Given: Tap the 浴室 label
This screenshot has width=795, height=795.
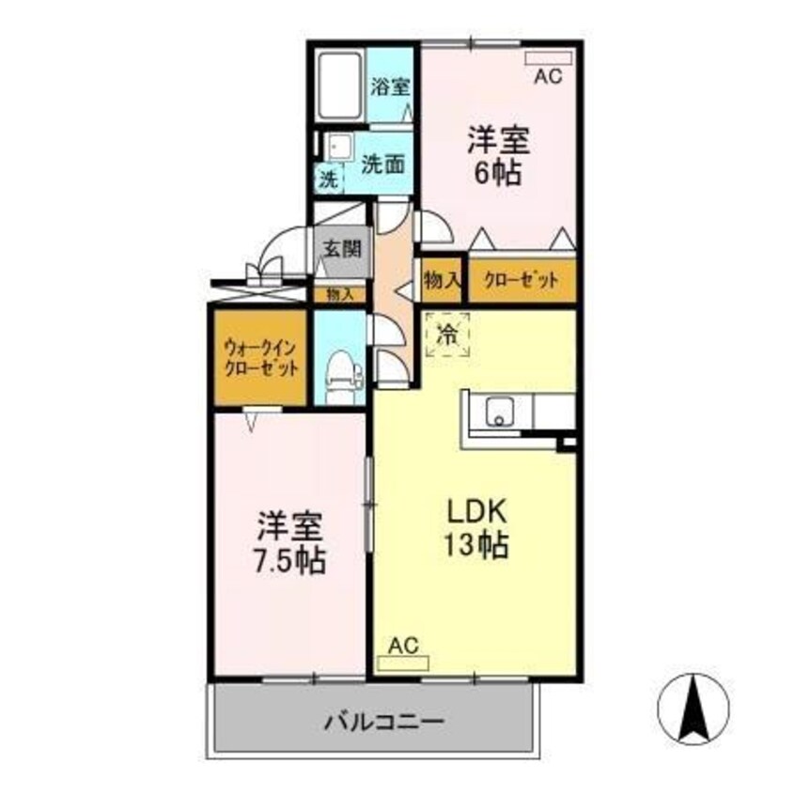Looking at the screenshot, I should pos(391,86).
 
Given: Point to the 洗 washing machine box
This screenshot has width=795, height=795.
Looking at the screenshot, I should pos(328,179).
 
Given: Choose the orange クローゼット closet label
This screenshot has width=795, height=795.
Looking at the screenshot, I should pos(522,280).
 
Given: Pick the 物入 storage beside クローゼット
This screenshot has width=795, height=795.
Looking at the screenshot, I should pos(442,279).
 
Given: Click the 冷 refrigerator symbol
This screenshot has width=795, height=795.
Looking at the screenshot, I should pos(448,333).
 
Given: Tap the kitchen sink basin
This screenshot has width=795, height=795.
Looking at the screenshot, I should pos(499,411).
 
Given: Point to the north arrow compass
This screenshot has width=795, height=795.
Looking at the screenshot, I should pos(695,709).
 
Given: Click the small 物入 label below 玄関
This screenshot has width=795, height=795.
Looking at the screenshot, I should pos(340,294).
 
